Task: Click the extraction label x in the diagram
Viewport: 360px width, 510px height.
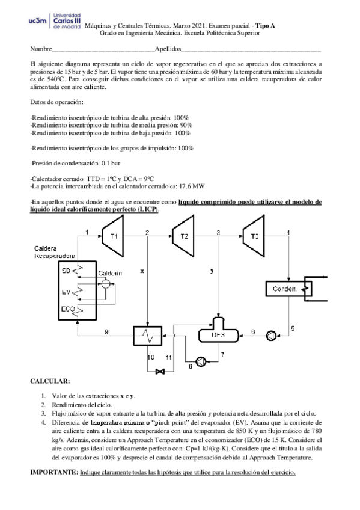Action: point(142,271)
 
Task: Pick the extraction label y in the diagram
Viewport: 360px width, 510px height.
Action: point(212,271)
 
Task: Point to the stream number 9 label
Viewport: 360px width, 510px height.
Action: point(106,332)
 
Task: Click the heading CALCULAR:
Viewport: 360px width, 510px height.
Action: point(50,381)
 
